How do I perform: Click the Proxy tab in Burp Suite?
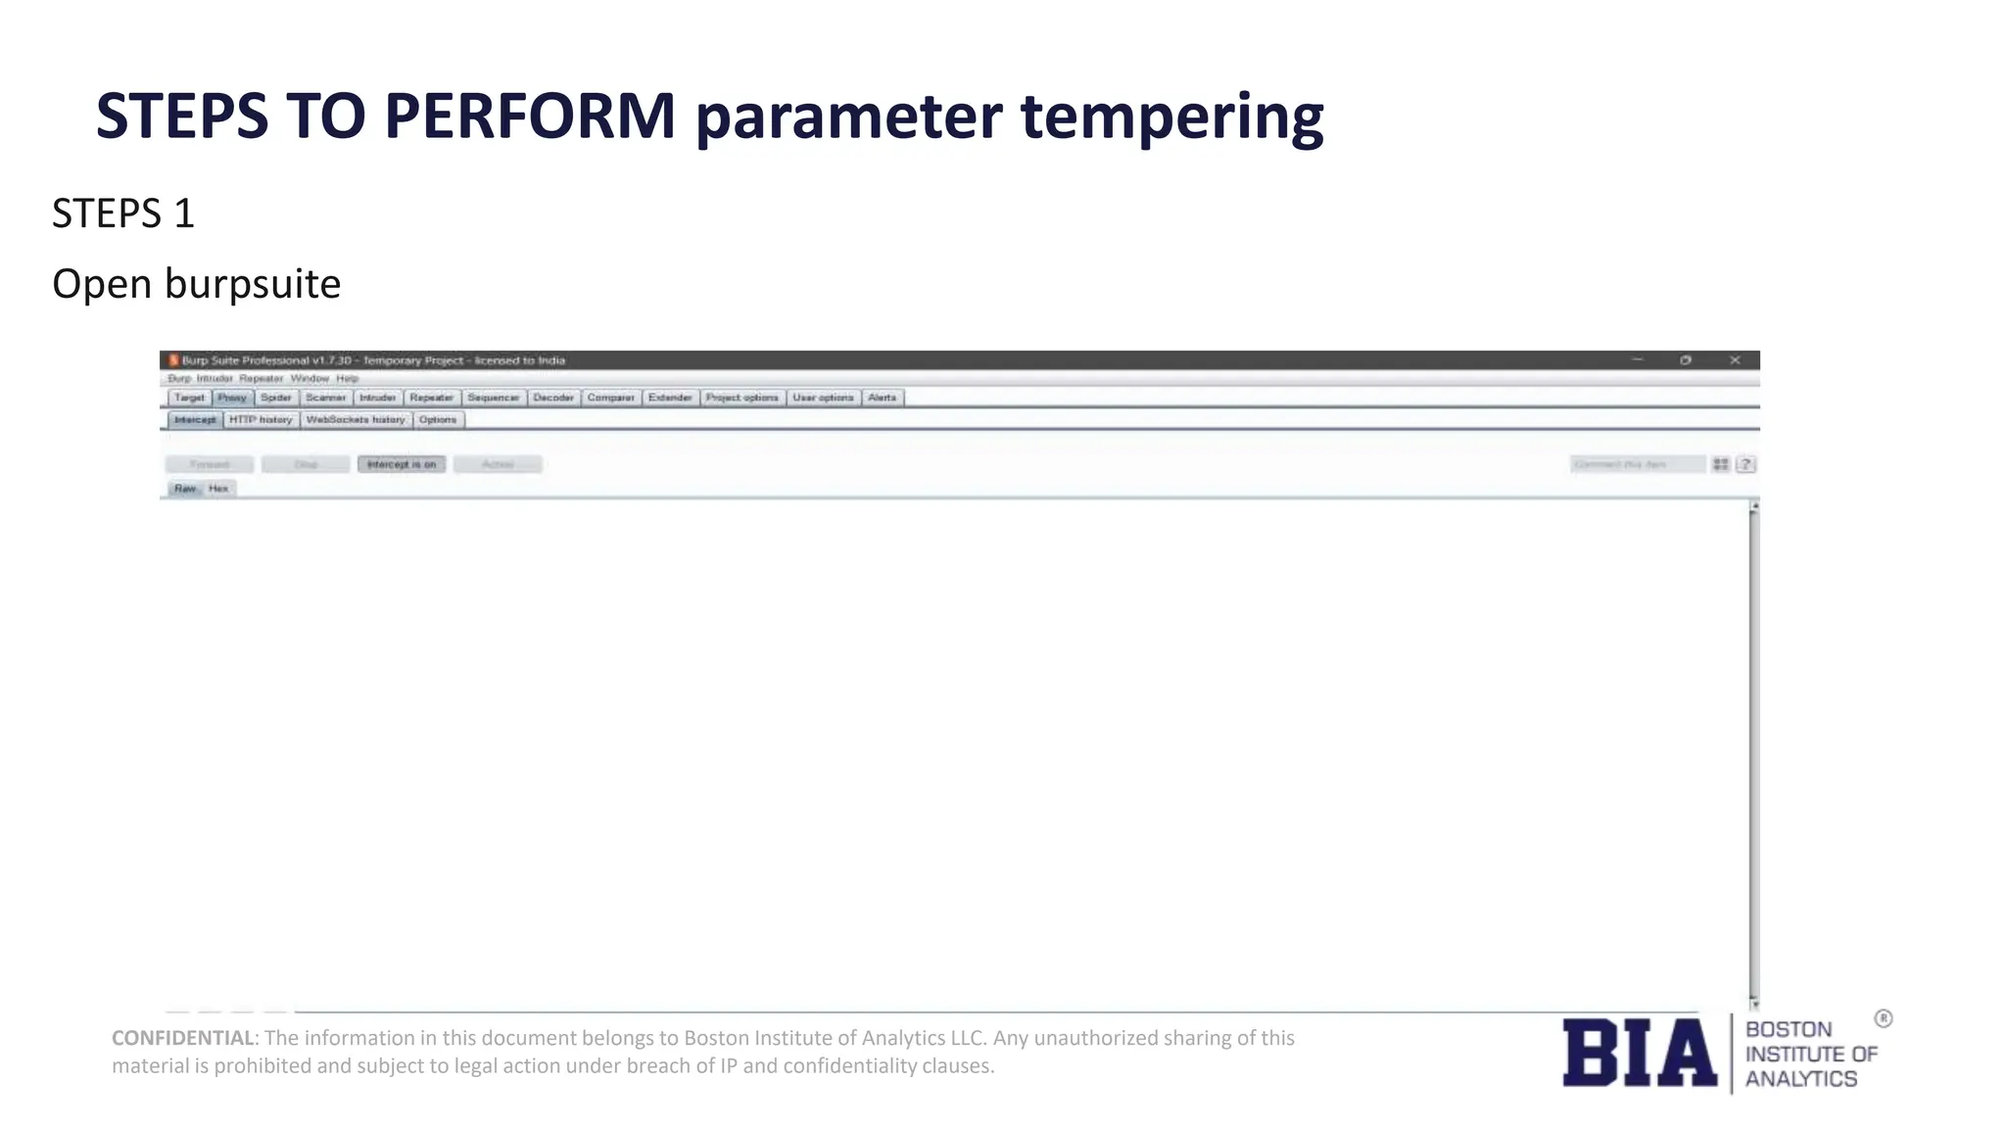pos(232,398)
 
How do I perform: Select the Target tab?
pos(189,398)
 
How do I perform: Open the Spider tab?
pos(276,398)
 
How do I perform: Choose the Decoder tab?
pos(553,398)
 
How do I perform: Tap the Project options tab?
pos(741,398)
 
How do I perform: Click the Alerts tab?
pos(882,398)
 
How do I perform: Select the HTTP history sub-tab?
pos(261,420)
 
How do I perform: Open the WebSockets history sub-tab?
pos(355,420)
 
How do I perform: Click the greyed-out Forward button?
pos(209,464)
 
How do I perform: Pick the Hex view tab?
pos(218,489)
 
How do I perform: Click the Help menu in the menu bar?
pos(347,379)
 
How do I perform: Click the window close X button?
pos(1735,360)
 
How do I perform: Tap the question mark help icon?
pos(1745,464)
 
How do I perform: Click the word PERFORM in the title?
pos(530,117)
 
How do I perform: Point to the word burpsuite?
pos(253,285)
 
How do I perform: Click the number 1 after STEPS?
pos(184,214)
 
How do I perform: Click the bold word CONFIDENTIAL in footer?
pos(182,1038)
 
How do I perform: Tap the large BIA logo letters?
pos(1639,1054)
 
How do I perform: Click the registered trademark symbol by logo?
pos(1883,1019)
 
